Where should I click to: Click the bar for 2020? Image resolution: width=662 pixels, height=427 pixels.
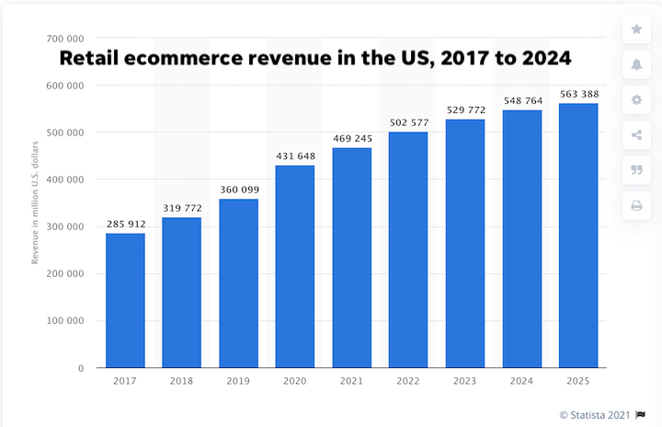pyautogui.click(x=295, y=266)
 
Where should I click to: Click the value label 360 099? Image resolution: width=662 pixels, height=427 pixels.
pyautogui.click(x=238, y=190)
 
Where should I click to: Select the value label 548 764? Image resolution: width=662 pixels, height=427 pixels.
pyautogui.click(x=521, y=100)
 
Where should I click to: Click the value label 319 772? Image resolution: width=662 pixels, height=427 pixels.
pyautogui.click(x=182, y=208)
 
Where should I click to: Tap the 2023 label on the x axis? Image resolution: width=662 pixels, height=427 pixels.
pyautogui.click(x=465, y=380)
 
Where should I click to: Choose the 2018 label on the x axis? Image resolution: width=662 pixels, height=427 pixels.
pyautogui.click(x=182, y=380)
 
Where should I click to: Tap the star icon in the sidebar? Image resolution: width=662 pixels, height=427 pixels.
pyautogui.click(x=636, y=29)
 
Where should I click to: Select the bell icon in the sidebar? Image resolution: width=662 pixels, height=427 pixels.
pyautogui.click(x=636, y=64)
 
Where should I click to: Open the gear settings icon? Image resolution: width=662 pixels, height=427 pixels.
pyautogui.click(x=636, y=99)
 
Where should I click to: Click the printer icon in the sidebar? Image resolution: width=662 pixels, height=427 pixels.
pyautogui.click(x=636, y=205)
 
